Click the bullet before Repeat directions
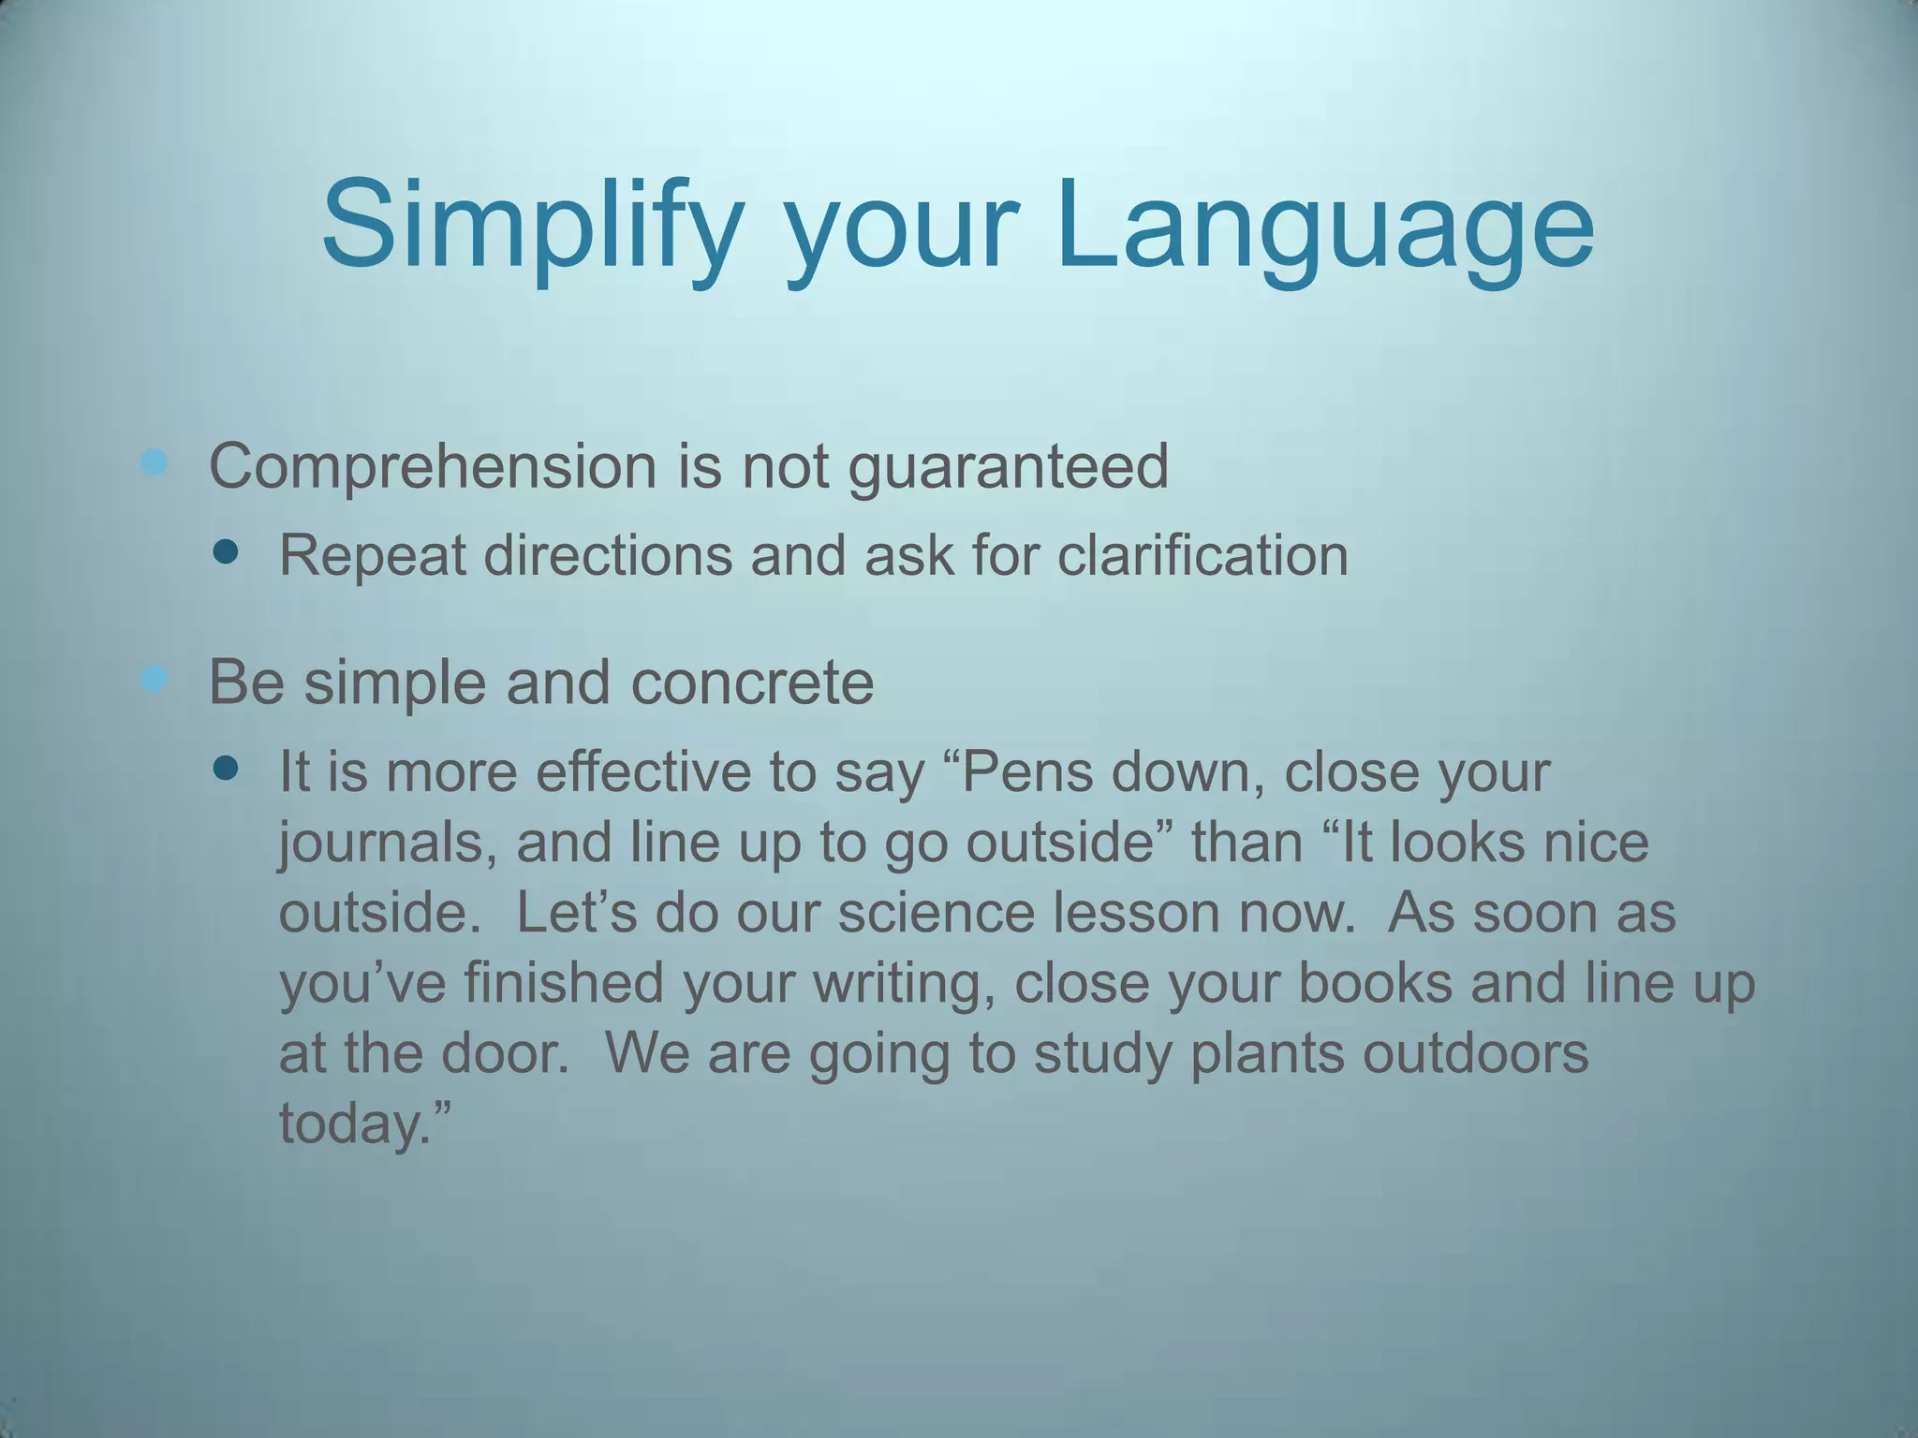pos(226,552)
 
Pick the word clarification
pos(1202,555)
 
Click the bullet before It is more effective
pos(226,770)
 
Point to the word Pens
pos(1026,772)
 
